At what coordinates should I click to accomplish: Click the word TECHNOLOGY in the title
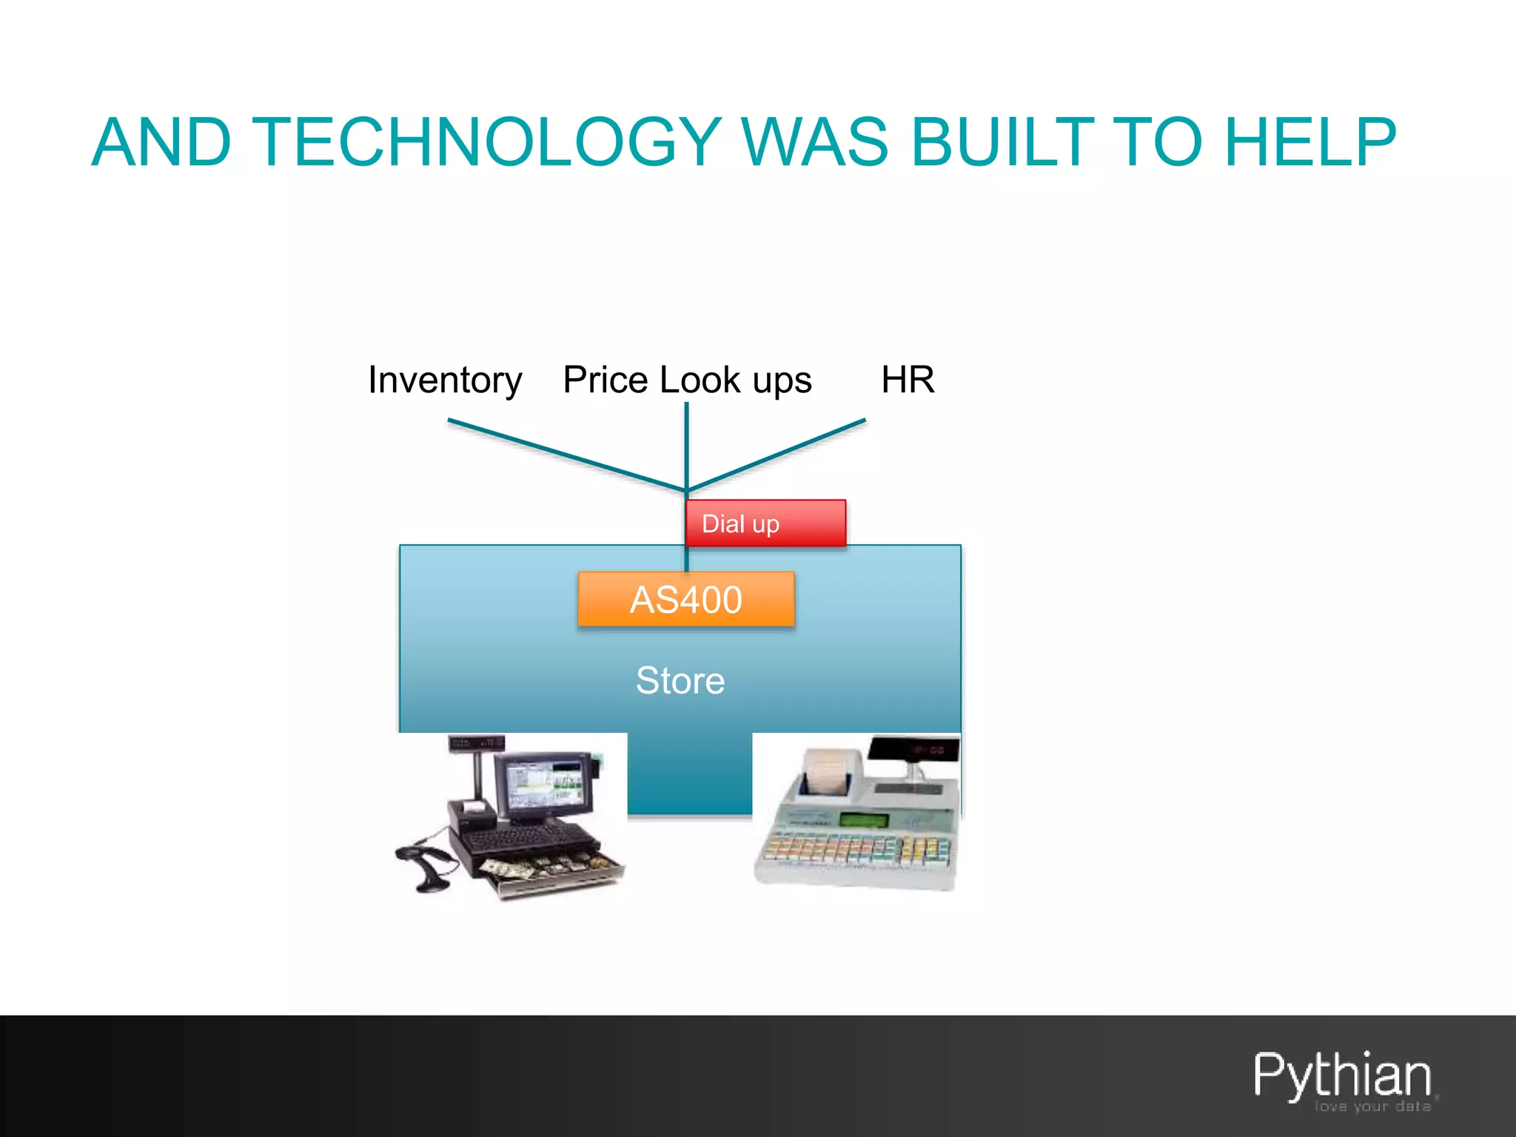487,142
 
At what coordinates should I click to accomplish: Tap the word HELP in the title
1309,142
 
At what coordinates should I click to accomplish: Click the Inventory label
445,380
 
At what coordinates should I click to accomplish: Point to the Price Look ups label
687,380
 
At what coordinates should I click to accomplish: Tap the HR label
908,380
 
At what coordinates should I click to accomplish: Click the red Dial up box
765,523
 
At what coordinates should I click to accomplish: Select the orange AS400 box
686,600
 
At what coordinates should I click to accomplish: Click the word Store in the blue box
680,680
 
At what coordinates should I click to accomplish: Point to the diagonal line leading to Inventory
566,455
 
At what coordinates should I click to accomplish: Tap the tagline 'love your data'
1372,1107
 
